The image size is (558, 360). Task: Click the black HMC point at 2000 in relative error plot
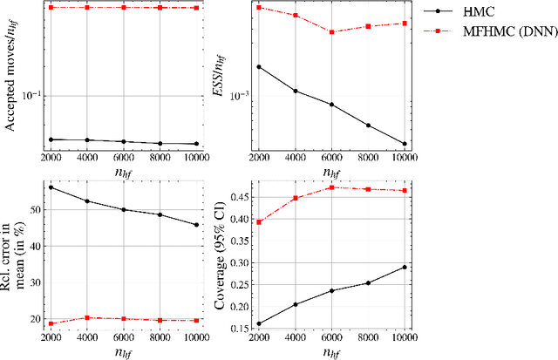(x=51, y=187)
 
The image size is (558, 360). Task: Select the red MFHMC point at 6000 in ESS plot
(x=331, y=32)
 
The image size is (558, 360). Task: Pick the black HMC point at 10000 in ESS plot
(x=405, y=144)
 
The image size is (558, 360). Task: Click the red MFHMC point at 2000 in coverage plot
(x=258, y=222)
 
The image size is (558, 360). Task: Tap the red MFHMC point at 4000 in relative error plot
(x=87, y=318)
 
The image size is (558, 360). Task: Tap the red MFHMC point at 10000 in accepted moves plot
(x=196, y=8)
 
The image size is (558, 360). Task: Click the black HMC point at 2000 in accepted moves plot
(x=51, y=139)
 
